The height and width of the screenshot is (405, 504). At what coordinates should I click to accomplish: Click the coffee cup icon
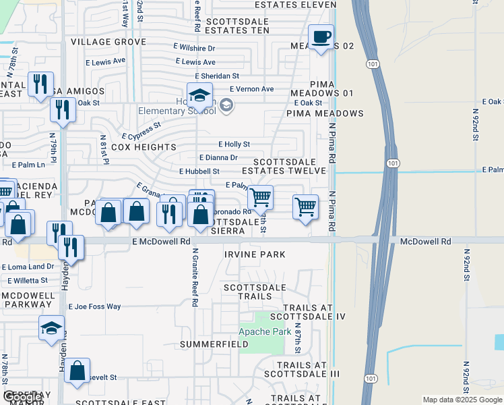(321, 36)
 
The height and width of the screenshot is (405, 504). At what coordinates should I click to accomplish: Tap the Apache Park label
(265, 331)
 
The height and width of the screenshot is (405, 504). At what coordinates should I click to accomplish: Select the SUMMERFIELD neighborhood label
(214, 344)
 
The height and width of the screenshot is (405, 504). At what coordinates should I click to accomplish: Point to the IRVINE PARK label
(255, 254)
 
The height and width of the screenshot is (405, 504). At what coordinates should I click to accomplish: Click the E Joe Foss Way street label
(94, 306)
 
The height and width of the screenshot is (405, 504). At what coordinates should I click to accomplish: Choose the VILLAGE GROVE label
(108, 42)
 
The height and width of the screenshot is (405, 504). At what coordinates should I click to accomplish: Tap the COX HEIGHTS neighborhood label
(144, 146)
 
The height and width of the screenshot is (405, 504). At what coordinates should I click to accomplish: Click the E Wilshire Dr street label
(193, 49)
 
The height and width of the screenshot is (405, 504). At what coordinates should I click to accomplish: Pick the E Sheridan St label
(217, 76)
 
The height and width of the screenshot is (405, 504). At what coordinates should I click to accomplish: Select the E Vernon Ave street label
(251, 89)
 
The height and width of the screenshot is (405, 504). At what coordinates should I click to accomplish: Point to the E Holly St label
(234, 144)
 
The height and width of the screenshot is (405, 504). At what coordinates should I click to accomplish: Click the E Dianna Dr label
(218, 158)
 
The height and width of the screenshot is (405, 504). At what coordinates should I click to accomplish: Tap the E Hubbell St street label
(199, 171)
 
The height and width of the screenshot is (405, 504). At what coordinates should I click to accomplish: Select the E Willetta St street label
(25, 280)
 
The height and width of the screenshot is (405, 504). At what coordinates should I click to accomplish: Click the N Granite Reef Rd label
(194, 277)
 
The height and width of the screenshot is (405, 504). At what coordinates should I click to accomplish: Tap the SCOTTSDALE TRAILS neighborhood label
(248, 292)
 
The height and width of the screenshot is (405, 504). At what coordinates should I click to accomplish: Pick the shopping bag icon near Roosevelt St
(78, 370)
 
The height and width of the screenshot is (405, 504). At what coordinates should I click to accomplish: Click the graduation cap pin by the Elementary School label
(199, 95)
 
